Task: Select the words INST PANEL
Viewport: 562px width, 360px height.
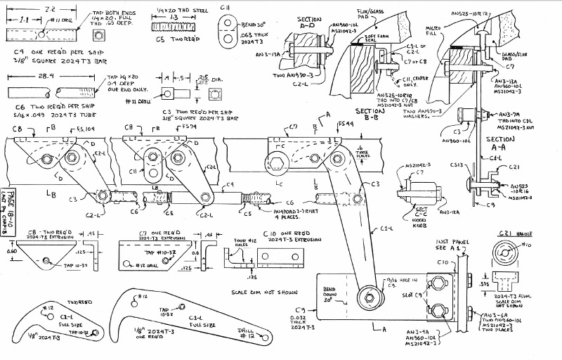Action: (442, 240)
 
